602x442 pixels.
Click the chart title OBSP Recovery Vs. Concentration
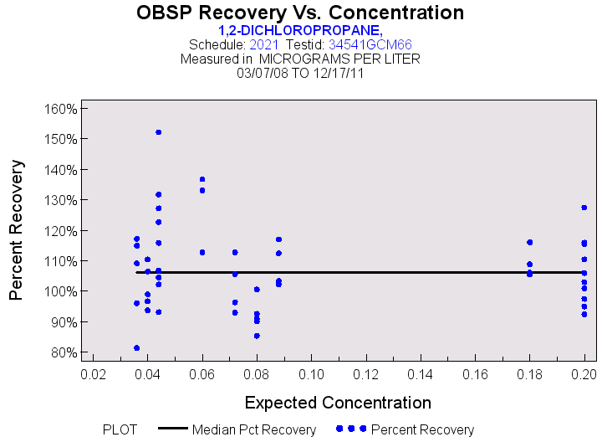pos(300,13)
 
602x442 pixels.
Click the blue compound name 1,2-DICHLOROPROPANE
pos(300,29)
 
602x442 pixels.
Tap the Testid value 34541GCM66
pos(369,44)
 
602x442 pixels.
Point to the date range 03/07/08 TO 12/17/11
pos(300,74)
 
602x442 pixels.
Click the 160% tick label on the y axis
pos(62,109)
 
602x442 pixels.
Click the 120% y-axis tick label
pos(62,231)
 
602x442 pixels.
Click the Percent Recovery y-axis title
pos(17,230)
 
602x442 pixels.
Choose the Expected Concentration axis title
pos(338,402)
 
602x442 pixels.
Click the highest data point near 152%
pos(158,132)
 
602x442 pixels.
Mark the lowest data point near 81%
pos(136,347)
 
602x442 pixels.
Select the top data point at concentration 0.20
pos(584,208)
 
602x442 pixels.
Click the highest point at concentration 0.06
pos(202,179)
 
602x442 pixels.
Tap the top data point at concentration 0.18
pos(529,242)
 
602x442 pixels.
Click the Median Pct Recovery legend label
pos(254,430)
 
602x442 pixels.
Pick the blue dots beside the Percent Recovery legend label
pos(351,429)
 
